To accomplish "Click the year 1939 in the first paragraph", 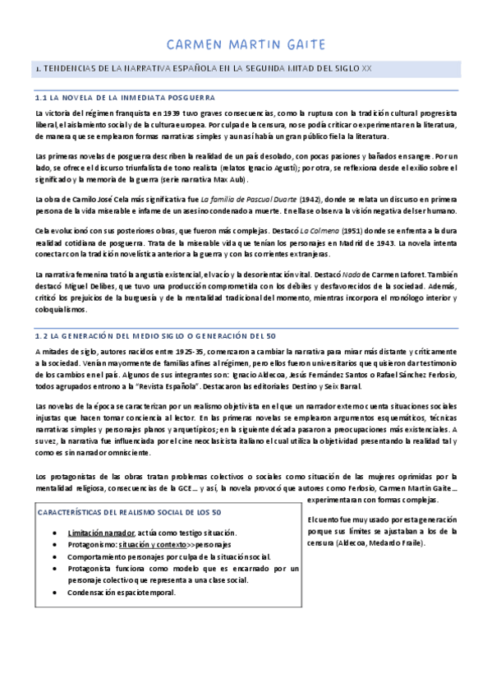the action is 185,112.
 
